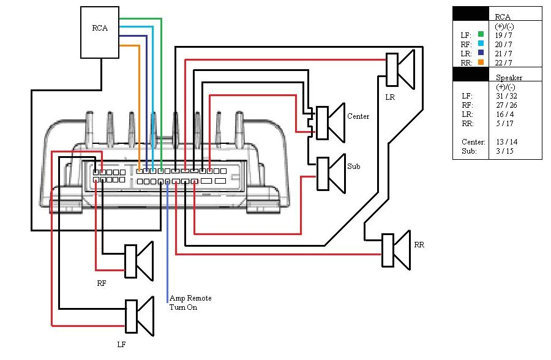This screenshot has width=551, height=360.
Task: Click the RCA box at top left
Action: click(x=100, y=32)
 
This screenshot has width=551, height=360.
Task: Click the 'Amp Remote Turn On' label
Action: click(x=190, y=302)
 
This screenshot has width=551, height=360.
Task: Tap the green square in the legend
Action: click(x=481, y=35)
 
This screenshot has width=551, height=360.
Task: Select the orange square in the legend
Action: click(x=481, y=62)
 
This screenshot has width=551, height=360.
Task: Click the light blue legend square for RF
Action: click(x=481, y=44)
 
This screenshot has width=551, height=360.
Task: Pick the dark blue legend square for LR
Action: click(x=481, y=53)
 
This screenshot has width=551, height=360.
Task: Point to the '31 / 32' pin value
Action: click(x=505, y=96)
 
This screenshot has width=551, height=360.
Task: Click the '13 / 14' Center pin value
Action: click(x=506, y=142)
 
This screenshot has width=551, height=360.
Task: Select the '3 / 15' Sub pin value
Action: click(x=504, y=151)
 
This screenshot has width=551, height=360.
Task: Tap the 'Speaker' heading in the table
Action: click(x=509, y=78)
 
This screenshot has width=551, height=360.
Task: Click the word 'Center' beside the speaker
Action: click(x=358, y=116)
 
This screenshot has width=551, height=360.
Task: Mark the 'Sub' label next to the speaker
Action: click(x=354, y=166)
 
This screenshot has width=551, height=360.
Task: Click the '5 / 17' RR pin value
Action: click(x=504, y=124)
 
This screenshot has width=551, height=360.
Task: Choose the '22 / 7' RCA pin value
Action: click(x=504, y=62)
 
